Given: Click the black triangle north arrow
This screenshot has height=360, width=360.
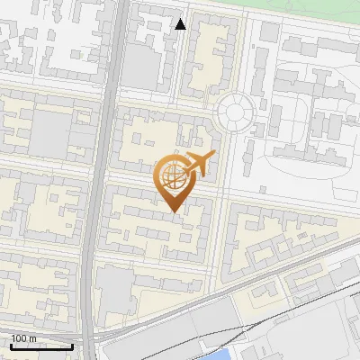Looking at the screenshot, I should [180, 24].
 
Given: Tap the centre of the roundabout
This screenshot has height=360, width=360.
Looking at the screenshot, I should [235, 112].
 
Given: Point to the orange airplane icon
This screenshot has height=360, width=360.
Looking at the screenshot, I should [198, 166].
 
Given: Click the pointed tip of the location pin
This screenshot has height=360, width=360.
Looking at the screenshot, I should [172, 211].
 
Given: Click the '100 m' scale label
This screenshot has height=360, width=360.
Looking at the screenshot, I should [24, 338].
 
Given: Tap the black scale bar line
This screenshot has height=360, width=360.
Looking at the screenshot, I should [41, 346].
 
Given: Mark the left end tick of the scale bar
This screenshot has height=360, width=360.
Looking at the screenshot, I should [11, 345].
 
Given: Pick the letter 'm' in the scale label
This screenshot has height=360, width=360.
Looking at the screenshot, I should [33, 338].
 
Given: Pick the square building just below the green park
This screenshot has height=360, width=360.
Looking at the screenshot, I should [269, 31].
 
